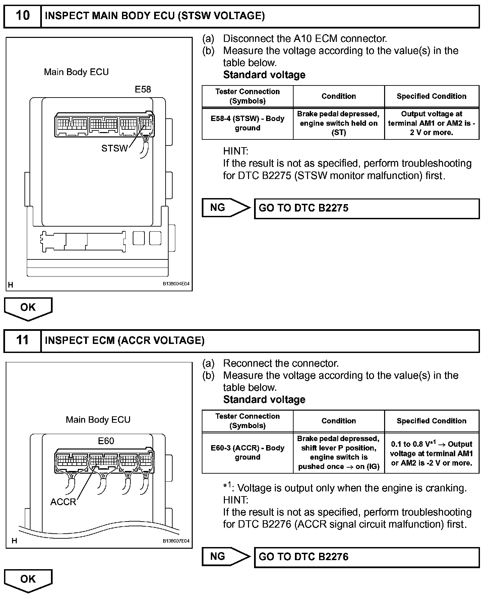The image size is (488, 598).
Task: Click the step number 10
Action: [22, 16]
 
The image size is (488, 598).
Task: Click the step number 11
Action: [22, 340]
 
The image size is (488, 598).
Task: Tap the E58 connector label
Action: [143, 89]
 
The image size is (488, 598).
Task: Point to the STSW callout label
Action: [114, 148]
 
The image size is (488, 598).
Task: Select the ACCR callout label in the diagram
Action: [63, 502]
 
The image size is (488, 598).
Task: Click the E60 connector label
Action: [106, 441]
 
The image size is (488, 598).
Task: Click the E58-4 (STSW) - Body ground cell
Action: [247, 123]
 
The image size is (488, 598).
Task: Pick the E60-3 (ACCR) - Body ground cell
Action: [247, 453]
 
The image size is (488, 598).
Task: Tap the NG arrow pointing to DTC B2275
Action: [225, 208]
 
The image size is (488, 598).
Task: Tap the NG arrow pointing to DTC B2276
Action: [225, 556]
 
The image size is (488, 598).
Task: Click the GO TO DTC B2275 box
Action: [367, 208]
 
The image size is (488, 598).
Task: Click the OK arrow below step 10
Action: [28, 308]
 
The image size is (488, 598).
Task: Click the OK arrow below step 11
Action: [28, 580]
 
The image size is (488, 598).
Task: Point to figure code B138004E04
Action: [176, 284]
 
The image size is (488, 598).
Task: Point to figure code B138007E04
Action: [176, 541]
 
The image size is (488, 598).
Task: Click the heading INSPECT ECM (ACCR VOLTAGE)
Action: [124, 341]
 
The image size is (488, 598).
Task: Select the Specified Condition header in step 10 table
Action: [431, 96]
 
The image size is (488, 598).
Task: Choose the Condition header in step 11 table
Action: [339, 421]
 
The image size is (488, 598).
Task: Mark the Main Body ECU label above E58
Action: [76, 72]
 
